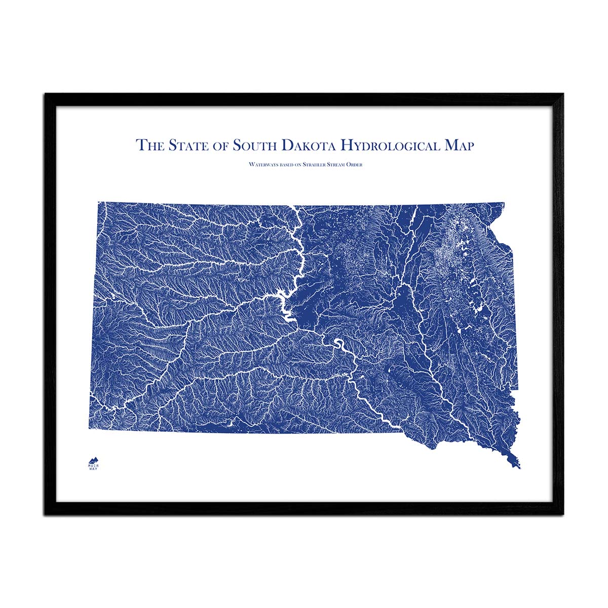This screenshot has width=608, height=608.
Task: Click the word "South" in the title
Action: [254, 145]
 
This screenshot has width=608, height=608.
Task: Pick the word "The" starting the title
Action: [150, 145]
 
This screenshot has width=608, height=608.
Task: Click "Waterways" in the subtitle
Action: [261, 165]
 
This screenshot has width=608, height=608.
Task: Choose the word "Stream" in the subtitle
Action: [338, 165]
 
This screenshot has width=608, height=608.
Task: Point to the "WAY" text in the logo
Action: [93, 469]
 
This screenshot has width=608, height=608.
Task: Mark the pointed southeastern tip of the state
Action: [519, 467]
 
